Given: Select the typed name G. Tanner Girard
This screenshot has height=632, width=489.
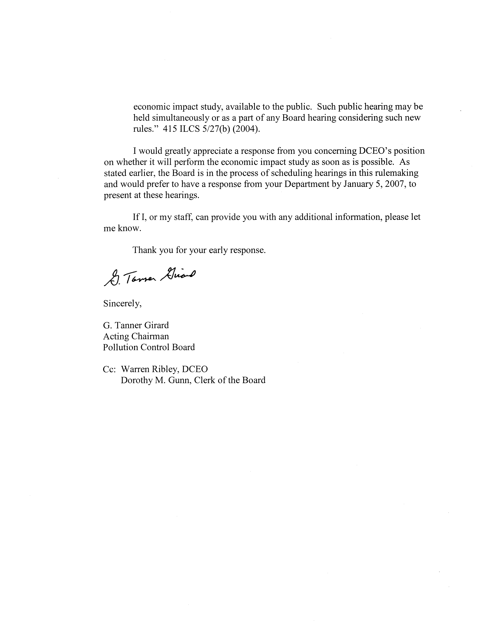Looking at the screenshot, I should [x=136, y=325].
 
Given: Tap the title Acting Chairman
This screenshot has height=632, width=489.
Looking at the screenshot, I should [x=136, y=336].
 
